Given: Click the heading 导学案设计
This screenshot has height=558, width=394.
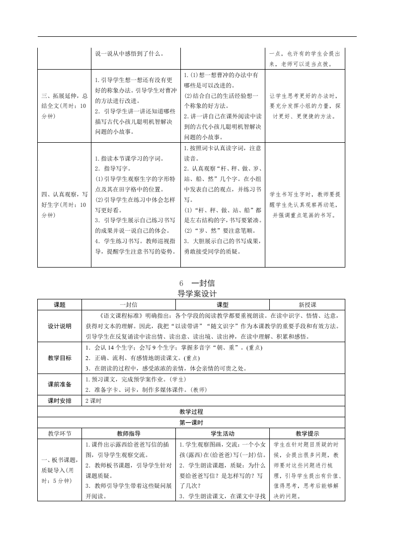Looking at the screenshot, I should [x=197, y=294].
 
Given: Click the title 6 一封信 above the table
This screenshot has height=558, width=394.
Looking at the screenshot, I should [x=197, y=283].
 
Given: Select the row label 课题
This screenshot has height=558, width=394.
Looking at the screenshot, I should [x=59, y=304].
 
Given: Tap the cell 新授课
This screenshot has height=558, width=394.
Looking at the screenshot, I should [x=307, y=304].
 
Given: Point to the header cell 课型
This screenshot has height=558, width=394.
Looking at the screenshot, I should [x=222, y=304].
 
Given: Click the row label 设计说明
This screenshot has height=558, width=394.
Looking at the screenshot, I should [x=59, y=326].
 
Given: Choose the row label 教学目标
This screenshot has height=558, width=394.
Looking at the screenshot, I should [x=59, y=358].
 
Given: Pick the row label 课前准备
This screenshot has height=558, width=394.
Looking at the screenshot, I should [x=59, y=384].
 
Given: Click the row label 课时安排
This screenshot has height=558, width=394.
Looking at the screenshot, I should [x=59, y=401].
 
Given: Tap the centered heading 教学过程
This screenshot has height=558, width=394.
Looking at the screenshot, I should [x=191, y=412].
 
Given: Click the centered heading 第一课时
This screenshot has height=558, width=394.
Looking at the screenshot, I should [x=191, y=423].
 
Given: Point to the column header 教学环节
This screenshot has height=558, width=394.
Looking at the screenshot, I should [x=59, y=434].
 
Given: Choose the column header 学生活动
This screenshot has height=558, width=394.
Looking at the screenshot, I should [x=222, y=434].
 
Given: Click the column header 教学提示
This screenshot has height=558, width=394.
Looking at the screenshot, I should [x=307, y=434].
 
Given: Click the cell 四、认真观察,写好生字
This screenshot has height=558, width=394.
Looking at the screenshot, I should [x=64, y=204].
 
